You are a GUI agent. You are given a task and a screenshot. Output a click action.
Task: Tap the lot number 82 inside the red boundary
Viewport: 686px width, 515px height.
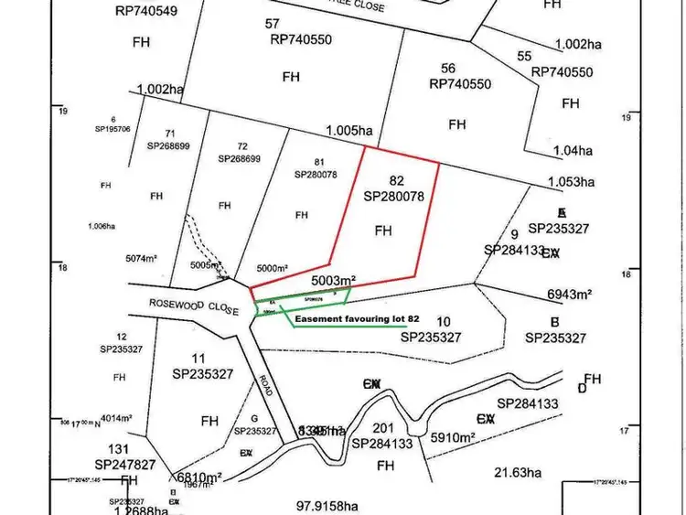click(397, 181)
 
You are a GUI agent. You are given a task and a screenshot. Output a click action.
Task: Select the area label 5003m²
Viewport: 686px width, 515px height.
click(333, 280)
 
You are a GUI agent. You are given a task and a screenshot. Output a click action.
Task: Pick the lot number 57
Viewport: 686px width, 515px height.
click(272, 23)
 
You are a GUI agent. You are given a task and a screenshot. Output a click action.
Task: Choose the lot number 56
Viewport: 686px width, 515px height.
click(448, 68)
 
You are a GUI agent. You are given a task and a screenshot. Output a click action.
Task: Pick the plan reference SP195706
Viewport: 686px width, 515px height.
click(113, 129)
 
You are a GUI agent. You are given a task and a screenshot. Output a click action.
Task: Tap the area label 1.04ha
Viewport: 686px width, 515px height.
click(573, 150)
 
